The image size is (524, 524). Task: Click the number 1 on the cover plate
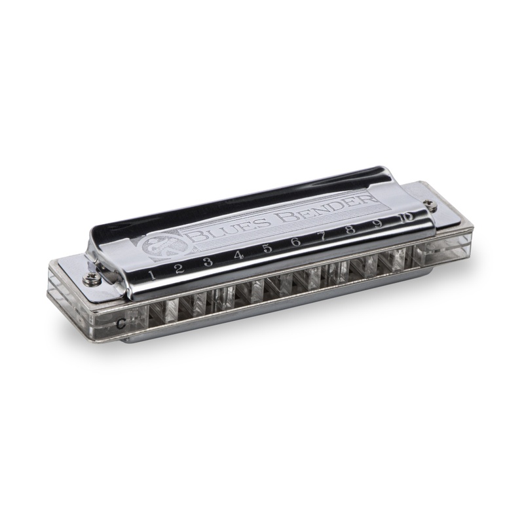click(152, 275)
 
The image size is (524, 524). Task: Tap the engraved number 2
click(178, 268)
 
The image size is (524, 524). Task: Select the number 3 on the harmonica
click(207, 262)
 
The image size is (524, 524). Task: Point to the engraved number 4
click(238, 255)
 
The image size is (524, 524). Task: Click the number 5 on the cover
click(267, 249)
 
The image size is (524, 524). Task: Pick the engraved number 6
click(295, 242)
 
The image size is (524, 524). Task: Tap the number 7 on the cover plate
click(323, 236)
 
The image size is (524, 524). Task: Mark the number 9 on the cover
click(377, 224)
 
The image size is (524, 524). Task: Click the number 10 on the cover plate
click(406, 217)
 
